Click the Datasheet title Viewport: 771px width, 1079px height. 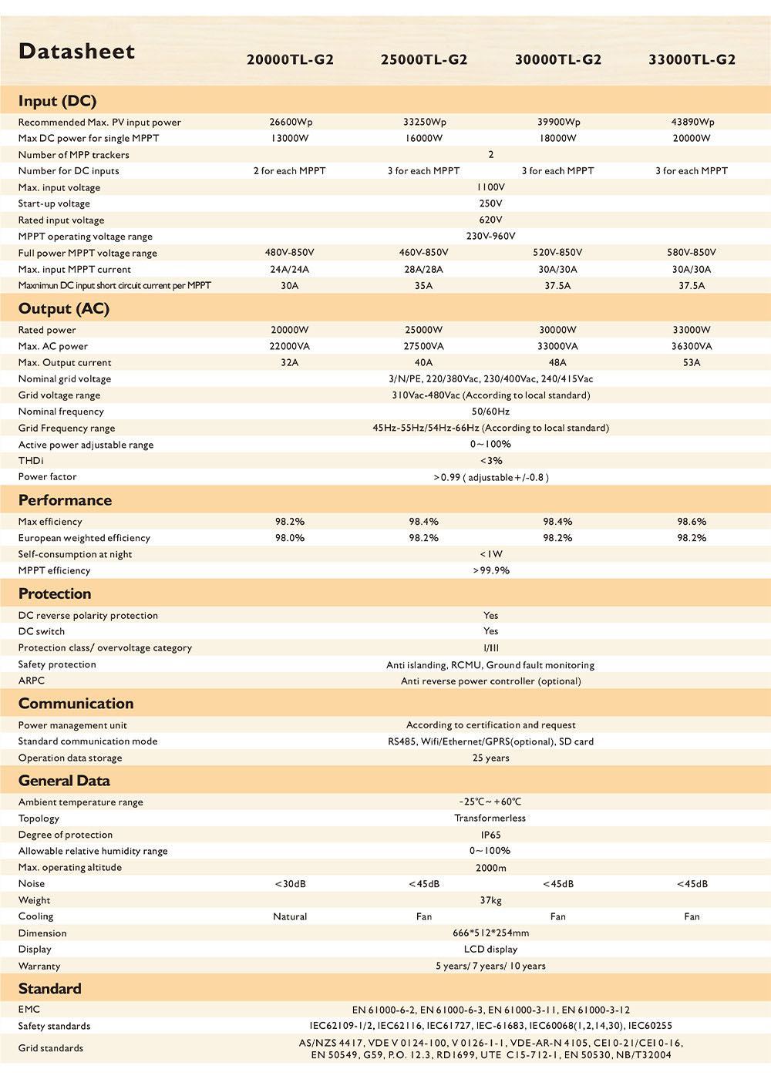76,52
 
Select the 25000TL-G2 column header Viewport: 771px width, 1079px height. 424,59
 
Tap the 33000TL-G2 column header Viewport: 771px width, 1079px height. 692,59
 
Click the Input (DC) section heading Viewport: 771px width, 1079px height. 57,101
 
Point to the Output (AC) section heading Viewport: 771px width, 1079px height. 64,308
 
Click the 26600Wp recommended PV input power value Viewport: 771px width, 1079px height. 290,122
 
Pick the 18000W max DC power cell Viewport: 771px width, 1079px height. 557,138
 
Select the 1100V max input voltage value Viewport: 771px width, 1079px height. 490,187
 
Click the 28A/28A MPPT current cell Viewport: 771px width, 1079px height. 424,269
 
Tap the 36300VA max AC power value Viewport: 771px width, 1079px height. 692,346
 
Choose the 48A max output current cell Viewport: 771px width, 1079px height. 557,362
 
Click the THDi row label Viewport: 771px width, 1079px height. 31,460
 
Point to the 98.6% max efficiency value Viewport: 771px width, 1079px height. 692,522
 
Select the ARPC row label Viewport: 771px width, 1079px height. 32,681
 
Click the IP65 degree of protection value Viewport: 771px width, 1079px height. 490,835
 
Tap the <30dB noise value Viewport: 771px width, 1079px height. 290,884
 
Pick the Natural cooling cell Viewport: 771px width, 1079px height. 290,916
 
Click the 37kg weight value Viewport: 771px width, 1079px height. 490,900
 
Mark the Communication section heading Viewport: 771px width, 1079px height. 76,703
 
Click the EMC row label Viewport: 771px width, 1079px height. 29,1009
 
